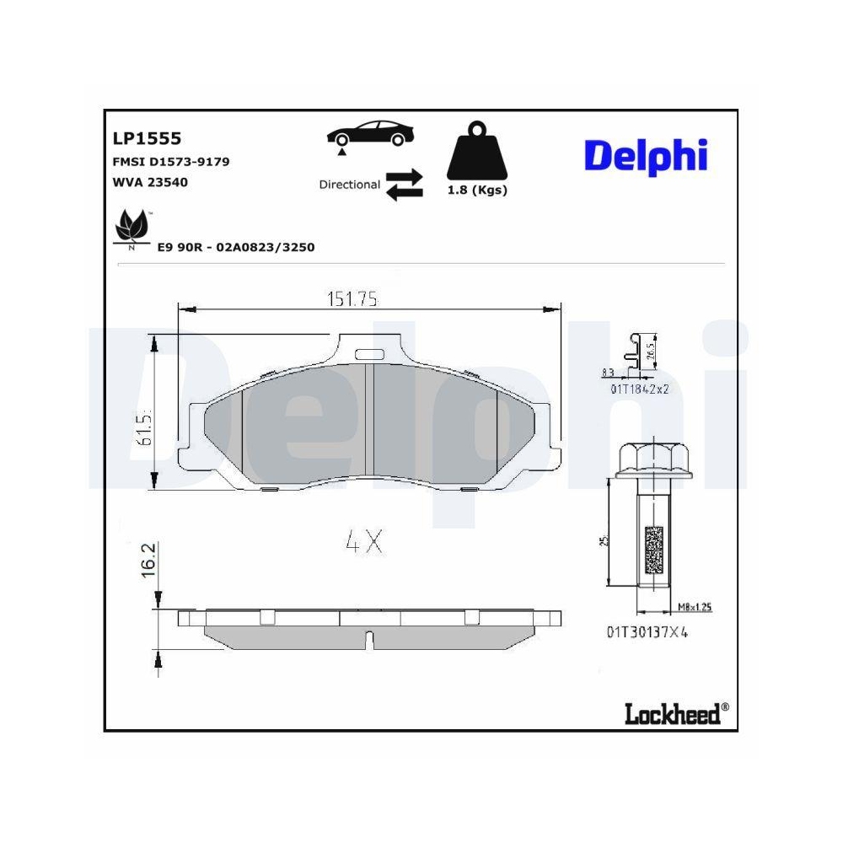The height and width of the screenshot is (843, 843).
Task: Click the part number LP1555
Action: (147, 138)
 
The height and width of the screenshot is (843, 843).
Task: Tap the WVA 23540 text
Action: (149, 181)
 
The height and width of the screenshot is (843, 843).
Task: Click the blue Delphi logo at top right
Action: (645, 156)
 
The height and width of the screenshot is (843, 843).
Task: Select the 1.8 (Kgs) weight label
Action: (476, 191)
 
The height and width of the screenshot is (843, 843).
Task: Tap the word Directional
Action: (349, 184)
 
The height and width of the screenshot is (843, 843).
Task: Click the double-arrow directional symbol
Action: (404, 185)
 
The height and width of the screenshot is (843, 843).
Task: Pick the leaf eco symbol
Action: (130, 228)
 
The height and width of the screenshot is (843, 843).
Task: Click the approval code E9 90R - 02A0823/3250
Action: (236, 247)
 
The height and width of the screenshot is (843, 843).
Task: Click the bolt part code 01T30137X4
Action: (647, 632)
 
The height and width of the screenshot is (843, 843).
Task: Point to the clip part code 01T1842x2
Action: (639, 389)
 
